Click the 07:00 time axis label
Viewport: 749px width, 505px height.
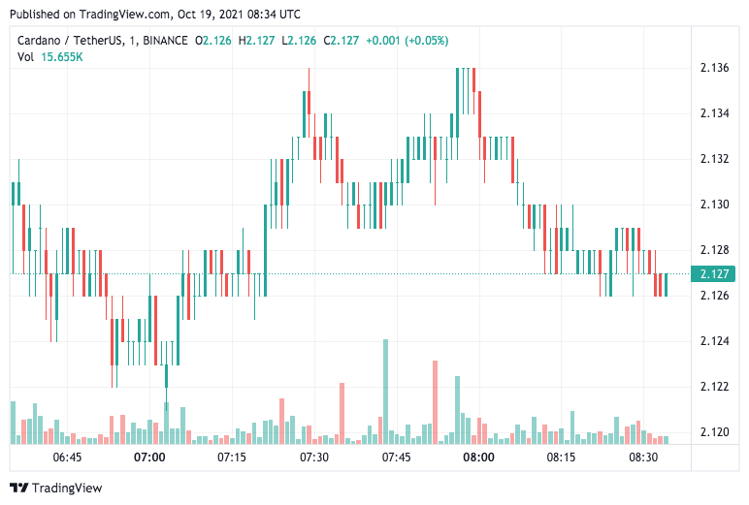(x=149, y=458)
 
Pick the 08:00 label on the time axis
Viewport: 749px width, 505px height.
(x=478, y=458)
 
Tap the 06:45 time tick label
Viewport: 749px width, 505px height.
(x=67, y=458)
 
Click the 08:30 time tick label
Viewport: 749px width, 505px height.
(x=643, y=458)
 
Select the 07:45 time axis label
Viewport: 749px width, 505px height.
(x=396, y=458)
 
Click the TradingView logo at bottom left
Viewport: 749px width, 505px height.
(x=55, y=488)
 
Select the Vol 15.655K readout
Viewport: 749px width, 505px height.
(x=49, y=57)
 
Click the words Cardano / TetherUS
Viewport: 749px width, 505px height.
(x=70, y=41)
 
